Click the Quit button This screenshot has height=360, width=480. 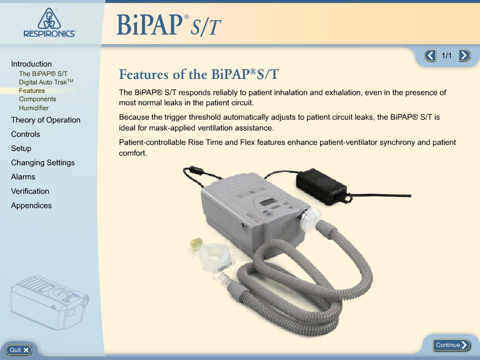(x=19, y=350)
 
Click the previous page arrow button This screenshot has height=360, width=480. (x=430, y=56)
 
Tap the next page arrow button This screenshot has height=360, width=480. (x=464, y=56)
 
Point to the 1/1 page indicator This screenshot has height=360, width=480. (x=447, y=56)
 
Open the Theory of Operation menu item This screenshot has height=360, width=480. (x=46, y=120)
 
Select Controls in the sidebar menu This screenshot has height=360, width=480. (x=25, y=134)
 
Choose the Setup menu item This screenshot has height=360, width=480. (x=21, y=148)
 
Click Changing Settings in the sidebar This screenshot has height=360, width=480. (x=43, y=162)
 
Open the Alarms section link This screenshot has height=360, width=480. (x=23, y=177)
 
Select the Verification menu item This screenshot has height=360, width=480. (x=30, y=191)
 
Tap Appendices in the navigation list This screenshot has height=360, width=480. (x=31, y=206)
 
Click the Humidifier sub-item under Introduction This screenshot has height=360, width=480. (x=34, y=108)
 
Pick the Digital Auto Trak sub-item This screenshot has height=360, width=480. (x=46, y=82)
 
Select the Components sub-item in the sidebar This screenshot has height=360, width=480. (x=37, y=99)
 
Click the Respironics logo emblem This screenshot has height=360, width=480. (x=49, y=19)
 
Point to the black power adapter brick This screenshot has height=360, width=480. (x=322, y=186)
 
